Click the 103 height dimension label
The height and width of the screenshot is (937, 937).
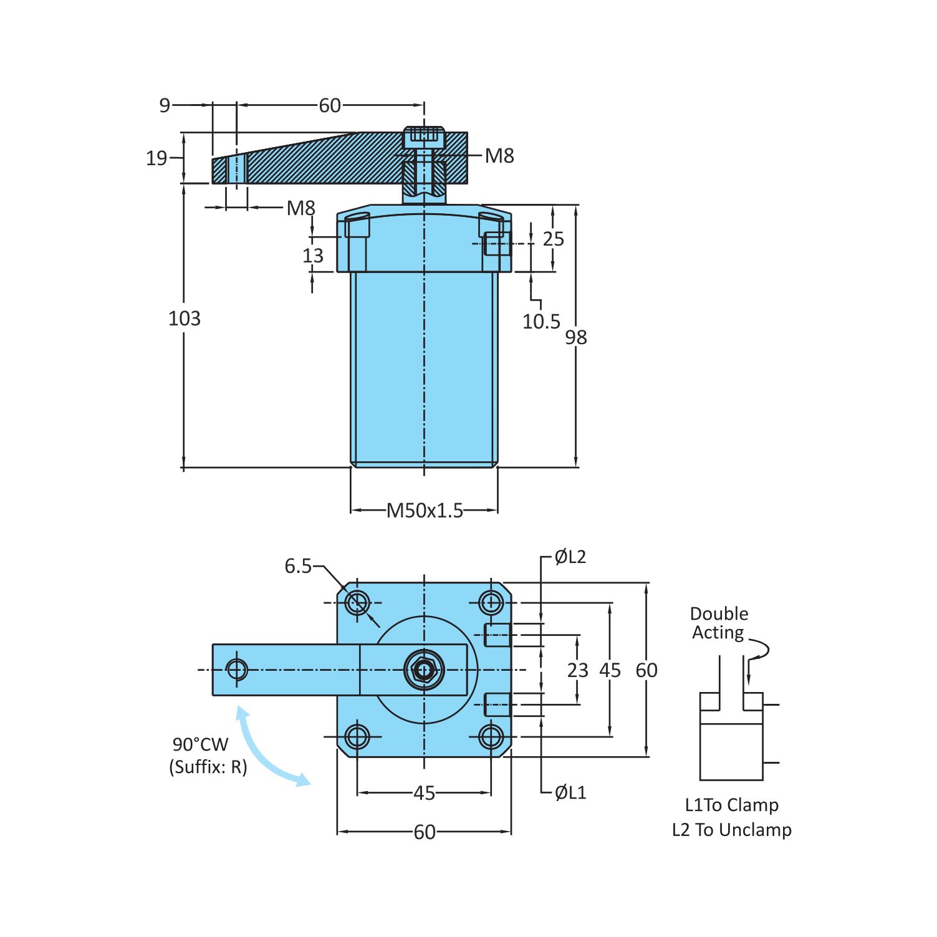coord(185,319)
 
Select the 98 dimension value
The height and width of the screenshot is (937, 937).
coord(575,337)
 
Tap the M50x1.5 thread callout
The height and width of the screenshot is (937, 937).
coord(425,511)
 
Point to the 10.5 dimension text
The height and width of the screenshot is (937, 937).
coord(541,322)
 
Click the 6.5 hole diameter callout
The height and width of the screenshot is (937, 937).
coord(298,566)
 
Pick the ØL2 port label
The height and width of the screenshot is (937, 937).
coord(570,557)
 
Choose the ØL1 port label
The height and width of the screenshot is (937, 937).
coord(570,792)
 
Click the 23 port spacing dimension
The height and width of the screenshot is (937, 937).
coord(577,670)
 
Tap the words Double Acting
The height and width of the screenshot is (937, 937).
coord(719,623)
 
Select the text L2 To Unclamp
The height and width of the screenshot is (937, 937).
coord(731,830)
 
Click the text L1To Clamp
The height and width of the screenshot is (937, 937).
coord(731,805)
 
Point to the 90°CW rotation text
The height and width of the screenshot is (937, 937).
coord(201,744)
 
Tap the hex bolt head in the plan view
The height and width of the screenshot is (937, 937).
coord(424,670)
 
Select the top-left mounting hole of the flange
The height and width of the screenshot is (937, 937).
coord(357,603)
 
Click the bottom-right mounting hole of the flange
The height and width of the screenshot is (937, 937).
coord(491,737)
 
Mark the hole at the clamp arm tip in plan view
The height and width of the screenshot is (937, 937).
coord(237,670)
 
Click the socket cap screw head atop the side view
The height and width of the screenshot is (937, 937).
coord(424,137)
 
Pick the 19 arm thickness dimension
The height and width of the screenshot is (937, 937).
coord(156,158)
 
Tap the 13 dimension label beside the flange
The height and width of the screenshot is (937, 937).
coord(313,256)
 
